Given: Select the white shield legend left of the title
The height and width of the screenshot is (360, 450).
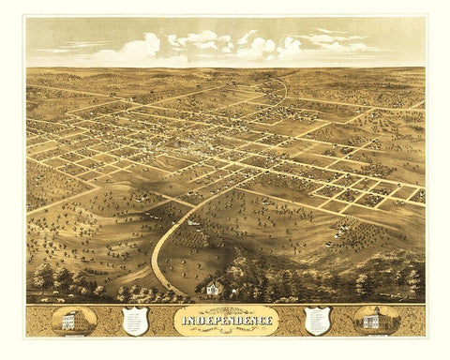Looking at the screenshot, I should (139, 321).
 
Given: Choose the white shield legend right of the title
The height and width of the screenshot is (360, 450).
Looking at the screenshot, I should (317, 320).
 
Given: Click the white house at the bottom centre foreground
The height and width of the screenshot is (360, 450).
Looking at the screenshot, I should (215, 289).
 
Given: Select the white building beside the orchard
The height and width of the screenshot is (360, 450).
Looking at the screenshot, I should (192, 223).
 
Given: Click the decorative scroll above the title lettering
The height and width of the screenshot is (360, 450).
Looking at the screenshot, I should (224, 310).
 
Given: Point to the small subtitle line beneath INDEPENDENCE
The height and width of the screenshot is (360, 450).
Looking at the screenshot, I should (224, 331).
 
